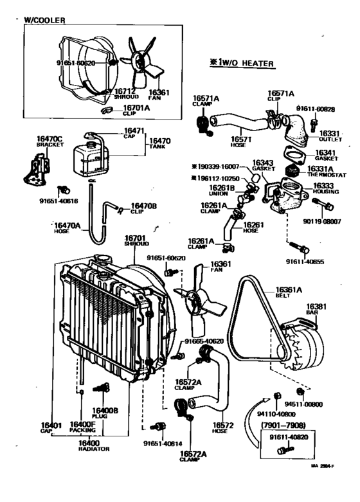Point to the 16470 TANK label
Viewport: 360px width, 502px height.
coord(160,144)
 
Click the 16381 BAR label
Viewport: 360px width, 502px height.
coord(314,310)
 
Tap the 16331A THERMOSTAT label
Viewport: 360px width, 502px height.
coord(319,172)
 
